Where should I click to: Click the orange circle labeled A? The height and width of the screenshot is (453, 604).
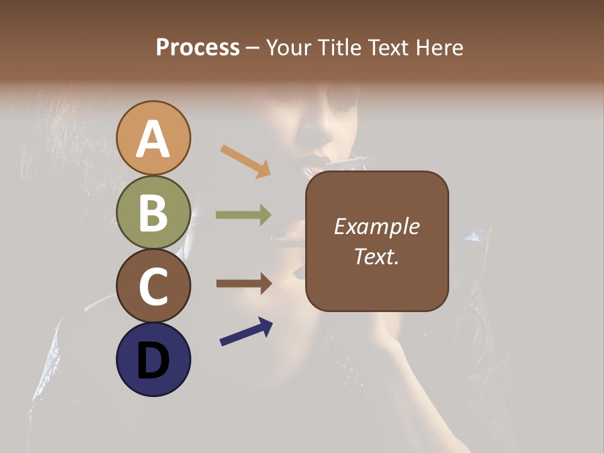tap(154, 138)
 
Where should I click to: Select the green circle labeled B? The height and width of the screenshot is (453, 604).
tap(154, 212)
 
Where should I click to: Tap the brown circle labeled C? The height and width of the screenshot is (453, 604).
tap(154, 286)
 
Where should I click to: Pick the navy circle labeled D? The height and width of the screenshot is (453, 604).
tap(154, 359)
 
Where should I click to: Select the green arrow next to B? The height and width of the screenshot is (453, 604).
tap(243, 215)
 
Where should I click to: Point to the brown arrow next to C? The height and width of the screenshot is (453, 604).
tap(243, 283)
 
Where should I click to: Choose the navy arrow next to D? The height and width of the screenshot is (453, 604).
tap(246, 332)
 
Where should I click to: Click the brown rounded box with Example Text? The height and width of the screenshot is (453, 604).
tap(377, 241)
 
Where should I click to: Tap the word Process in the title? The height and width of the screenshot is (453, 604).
tap(198, 47)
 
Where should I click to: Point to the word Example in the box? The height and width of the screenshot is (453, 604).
tap(377, 226)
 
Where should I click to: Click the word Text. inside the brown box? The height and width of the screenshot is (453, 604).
tap(377, 256)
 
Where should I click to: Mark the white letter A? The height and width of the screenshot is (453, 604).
tap(154, 139)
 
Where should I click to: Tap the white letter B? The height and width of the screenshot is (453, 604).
tap(154, 213)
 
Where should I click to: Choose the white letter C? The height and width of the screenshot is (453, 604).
tap(154, 286)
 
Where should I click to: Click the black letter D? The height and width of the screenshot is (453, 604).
tap(154, 361)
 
